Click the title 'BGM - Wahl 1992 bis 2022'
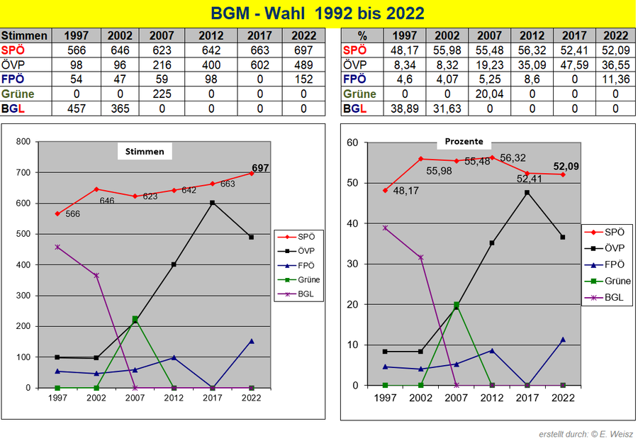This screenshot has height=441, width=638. [318, 13]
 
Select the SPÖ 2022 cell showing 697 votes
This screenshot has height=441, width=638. [304, 50]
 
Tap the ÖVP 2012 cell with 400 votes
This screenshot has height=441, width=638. [211, 65]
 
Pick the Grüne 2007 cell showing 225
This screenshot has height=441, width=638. [163, 94]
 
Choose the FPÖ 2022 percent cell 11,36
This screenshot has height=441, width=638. [614, 79]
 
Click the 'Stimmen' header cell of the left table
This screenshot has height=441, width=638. [26, 35]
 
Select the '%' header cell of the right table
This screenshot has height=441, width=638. [362, 35]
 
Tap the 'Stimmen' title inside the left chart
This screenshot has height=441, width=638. [145, 151]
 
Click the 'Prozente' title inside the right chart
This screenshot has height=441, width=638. [464, 142]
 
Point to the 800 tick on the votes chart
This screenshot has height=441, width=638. [23, 142]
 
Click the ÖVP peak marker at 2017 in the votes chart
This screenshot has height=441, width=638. [212, 203]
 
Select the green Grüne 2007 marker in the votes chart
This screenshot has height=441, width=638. [135, 319]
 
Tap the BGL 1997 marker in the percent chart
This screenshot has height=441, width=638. [386, 228]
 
